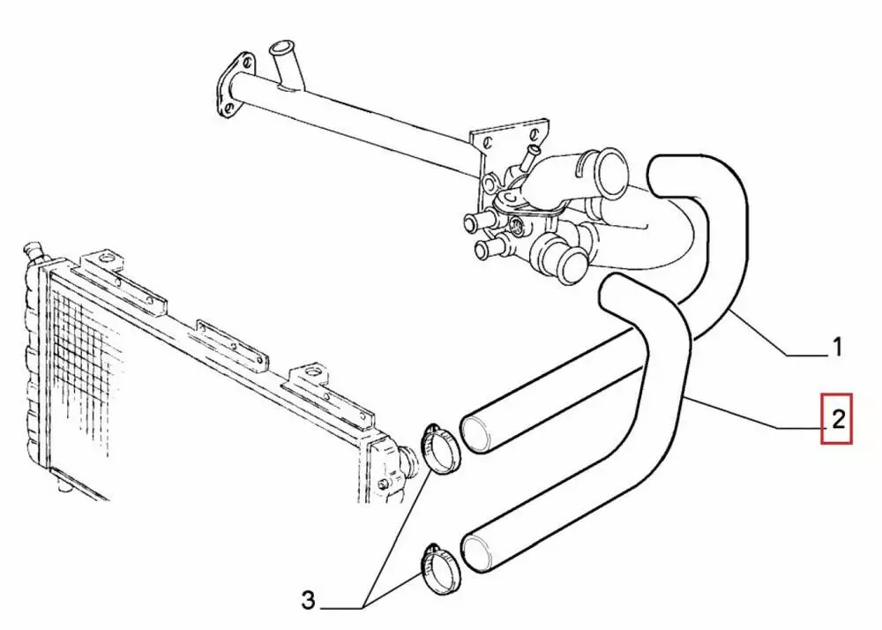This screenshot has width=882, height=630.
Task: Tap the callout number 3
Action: tap(307, 602)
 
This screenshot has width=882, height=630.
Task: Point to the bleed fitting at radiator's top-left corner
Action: tap(34, 251)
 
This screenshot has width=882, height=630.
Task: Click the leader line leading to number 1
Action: tap(776, 340)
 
